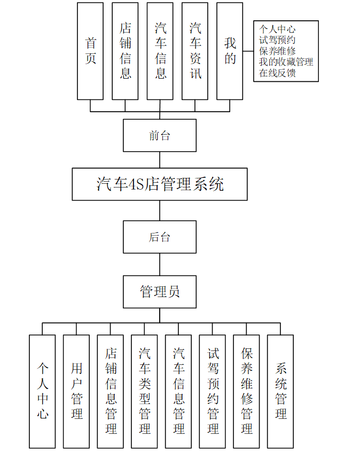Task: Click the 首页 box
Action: pos(90,51)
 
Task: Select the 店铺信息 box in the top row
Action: pos(125,51)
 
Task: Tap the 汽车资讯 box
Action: pos(195,51)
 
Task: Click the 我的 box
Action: pos(230,51)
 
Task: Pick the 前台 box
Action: pos(160,136)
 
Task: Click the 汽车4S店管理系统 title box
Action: pos(160,184)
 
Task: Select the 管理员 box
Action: pos(160,292)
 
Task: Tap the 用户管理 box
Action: pos(76,391)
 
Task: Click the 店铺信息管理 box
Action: pos(111,391)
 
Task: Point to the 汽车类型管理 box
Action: pos(144,391)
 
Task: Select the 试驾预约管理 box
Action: pos(213,391)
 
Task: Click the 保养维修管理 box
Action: pos(246,391)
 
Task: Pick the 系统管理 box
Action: pos(280,391)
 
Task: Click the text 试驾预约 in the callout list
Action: pos(277,40)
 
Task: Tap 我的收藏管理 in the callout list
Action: pos(286,62)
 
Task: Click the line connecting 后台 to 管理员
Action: pos(160,264)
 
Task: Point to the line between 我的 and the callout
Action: pos(248,52)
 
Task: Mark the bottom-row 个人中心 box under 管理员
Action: pos(42,391)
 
